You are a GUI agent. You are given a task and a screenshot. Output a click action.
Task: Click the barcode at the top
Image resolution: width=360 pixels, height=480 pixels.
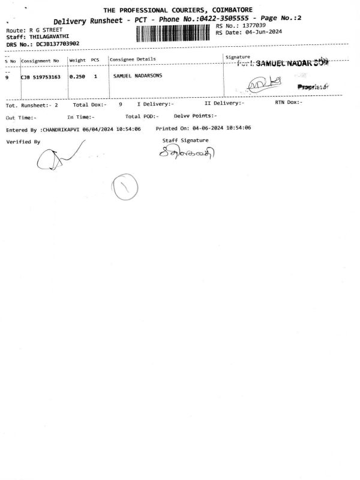click(x=175, y=32)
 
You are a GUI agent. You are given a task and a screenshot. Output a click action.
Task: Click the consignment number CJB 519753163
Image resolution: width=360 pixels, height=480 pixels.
click(x=41, y=77)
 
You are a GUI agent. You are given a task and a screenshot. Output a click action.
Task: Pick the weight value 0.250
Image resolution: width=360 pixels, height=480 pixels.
click(x=76, y=77)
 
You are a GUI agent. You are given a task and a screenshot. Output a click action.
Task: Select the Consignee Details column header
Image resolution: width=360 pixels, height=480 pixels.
click(x=132, y=59)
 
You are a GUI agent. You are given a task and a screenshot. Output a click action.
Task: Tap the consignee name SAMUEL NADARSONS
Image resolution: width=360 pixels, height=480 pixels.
click(x=137, y=77)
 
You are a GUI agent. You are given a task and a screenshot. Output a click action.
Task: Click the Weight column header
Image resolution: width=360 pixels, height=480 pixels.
click(x=77, y=60)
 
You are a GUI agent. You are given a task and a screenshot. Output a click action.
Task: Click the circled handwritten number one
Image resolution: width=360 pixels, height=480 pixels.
click(x=125, y=187)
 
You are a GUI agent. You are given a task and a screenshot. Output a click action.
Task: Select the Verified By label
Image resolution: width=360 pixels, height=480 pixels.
click(x=23, y=142)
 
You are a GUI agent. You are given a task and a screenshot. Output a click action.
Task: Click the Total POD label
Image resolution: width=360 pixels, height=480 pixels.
click(x=141, y=116)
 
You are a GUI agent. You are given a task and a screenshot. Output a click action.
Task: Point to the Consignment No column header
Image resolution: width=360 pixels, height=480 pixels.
click(x=40, y=61)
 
